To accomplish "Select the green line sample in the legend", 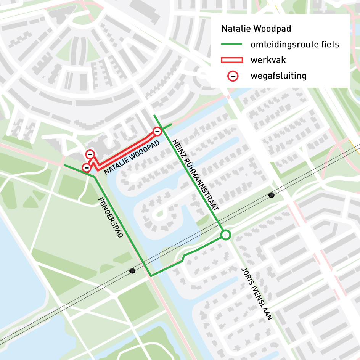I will click(x=232, y=45).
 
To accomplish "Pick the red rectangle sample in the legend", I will click(x=232, y=60).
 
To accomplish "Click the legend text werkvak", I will click(x=268, y=60).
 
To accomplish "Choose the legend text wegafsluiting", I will click(x=278, y=76).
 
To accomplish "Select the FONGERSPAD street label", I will click(x=111, y=218).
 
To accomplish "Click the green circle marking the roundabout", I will click(x=225, y=235).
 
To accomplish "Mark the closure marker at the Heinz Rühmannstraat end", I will click(x=157, y=132).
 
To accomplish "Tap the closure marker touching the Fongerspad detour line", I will click(x=87, y=167).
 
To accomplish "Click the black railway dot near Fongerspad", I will click(x=132, y=271).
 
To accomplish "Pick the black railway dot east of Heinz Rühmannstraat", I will click(x=272, y=195).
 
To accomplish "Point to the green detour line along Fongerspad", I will click(x=122, y=225).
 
